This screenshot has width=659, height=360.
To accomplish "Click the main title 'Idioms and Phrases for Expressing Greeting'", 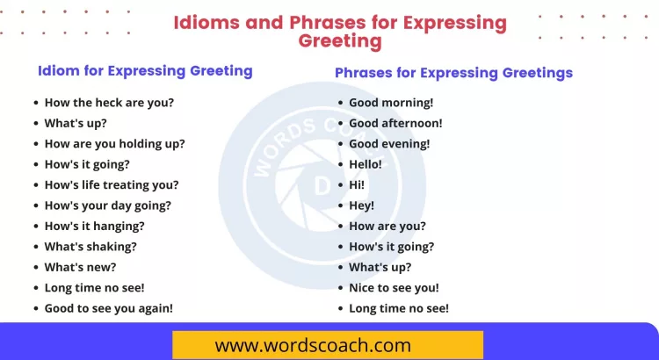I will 339,31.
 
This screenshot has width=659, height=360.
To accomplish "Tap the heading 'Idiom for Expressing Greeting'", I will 145,71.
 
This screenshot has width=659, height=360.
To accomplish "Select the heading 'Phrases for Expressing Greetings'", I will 453,73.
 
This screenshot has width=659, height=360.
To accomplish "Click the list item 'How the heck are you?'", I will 109,102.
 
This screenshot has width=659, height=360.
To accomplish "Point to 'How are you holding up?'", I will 114,143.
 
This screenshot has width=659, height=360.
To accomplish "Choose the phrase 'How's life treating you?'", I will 112,184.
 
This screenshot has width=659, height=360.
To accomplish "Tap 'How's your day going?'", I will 107,205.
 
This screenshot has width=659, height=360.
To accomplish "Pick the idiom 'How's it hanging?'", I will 94,226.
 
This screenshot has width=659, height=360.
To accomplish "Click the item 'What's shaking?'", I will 91,247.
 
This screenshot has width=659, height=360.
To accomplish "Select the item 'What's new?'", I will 80,267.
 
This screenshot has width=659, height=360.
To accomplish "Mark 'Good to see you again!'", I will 108,308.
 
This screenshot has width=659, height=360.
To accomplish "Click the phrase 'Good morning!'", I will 391,102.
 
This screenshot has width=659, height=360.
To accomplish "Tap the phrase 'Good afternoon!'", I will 395,123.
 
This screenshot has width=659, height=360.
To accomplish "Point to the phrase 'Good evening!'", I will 389,143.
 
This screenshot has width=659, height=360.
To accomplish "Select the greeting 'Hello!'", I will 366,164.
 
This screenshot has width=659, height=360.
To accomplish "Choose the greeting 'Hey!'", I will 361,205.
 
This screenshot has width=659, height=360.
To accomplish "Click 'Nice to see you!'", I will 394,288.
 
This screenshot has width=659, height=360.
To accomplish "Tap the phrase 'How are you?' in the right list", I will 387,226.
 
